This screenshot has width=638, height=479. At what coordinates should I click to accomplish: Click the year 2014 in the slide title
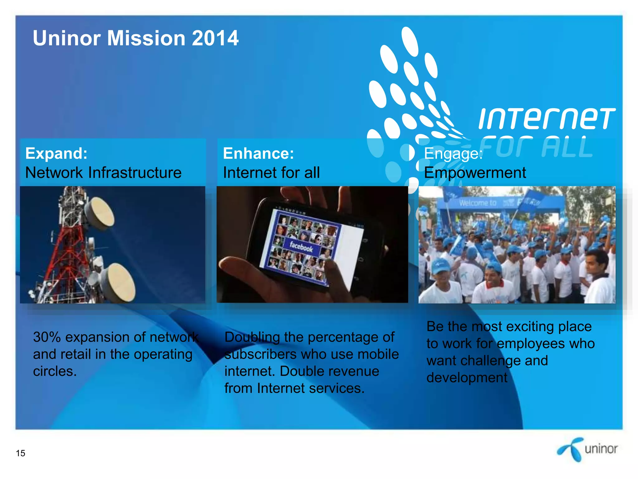coord(215,38)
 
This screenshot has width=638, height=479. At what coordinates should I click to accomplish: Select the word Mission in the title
coord(146,38)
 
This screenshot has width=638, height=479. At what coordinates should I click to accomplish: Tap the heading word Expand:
coord(56,153)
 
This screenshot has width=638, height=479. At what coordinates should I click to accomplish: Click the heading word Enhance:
coord(259,153)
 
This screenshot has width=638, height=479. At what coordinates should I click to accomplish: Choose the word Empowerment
coord(475,173)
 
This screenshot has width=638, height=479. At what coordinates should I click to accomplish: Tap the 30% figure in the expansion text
coord(47,337)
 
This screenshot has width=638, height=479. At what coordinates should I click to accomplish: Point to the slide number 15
coord(21,453)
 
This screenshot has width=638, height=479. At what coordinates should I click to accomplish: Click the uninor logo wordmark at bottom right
coord(601,449)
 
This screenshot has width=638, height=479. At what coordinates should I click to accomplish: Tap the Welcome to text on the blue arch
coord(478,203)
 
